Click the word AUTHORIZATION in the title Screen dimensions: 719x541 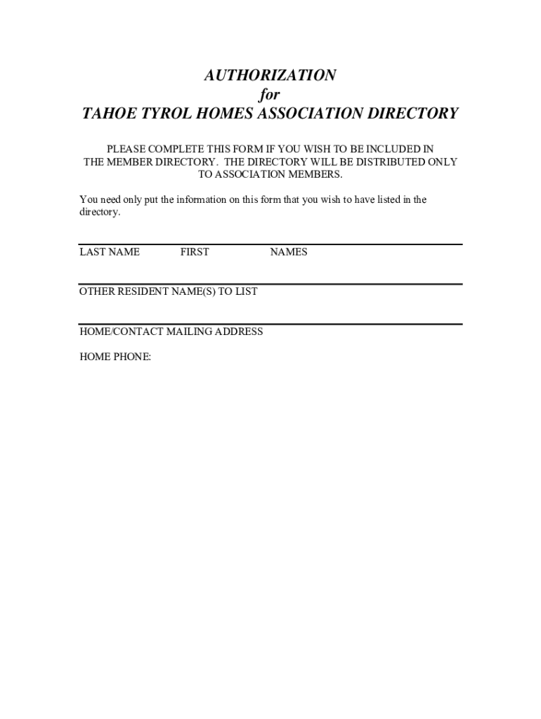point(270,75)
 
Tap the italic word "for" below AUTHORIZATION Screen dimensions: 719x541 point(270,94)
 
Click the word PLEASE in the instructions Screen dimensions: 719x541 point(126,150)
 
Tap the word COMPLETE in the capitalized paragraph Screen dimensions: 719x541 point(181,150)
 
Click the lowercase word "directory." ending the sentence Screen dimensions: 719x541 point(100,212)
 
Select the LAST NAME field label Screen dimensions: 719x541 point(110,252)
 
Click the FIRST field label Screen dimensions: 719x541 point(195,252)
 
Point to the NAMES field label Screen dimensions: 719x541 point(289,252)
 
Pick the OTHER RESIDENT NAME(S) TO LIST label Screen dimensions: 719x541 point(169,291)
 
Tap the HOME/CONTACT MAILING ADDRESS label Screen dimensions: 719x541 point(171,331)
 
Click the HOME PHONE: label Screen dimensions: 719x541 point(115,357)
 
